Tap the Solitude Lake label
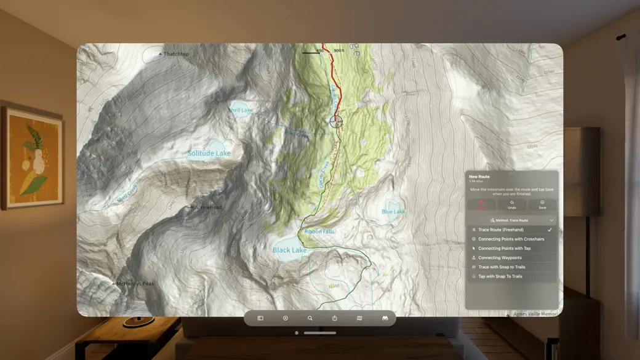pos(209,153)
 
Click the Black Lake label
pos(289,250)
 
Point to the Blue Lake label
pos(393,212)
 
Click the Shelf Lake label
pos(241,110)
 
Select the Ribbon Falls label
pos(319,231)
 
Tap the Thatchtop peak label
pos(175,54)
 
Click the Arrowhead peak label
pos(207,207)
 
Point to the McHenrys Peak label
pos(135,284)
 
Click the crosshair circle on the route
pos(336,121)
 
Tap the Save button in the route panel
pos(542,204)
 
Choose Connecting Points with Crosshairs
pos(511,239)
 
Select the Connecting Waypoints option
pos(500,258)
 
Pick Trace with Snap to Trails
pos(502,267)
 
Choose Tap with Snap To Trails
pos(500,276)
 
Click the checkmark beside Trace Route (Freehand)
pos(550,230)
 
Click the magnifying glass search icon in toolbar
pos(310,318)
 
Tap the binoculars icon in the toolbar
pos(385,318)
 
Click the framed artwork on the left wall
pos(32,158)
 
